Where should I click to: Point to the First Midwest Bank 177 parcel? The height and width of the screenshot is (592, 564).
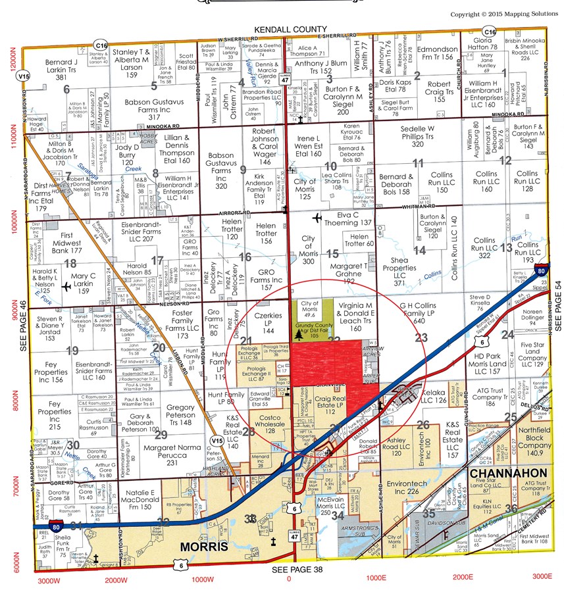click(61, 242)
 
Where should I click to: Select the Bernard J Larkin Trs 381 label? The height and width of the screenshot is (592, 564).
click(62, 70)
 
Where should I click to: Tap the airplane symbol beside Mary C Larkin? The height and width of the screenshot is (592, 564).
click(66, 286)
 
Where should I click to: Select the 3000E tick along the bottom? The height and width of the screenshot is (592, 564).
click(541, 577)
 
